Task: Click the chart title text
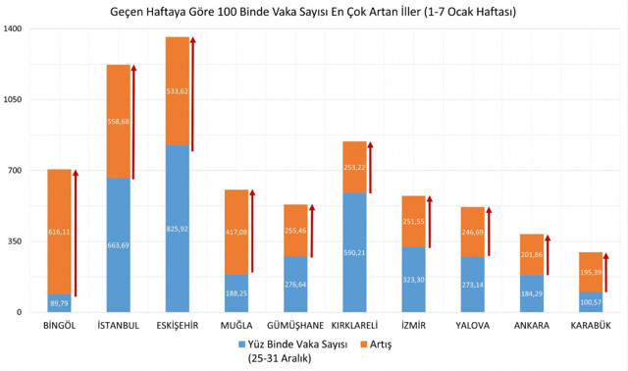[x=313, y=12]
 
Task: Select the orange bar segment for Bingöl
[x=59, y=232]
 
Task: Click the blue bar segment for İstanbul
[x=119, y=245]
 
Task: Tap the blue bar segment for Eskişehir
[x=178, y=228]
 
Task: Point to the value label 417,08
[x=236, y=233]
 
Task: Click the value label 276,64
[x=295, y=285]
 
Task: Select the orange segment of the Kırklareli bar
[x=354, y=167]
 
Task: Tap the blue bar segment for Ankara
[x=532, y=293]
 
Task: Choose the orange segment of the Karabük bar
[x=591, y=272]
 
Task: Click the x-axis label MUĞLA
[x=236, y=326]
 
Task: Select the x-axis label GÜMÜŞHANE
[x=295, y=326]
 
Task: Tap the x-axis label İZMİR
[x=414, y=326]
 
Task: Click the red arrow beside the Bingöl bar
[x=76, y=233]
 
